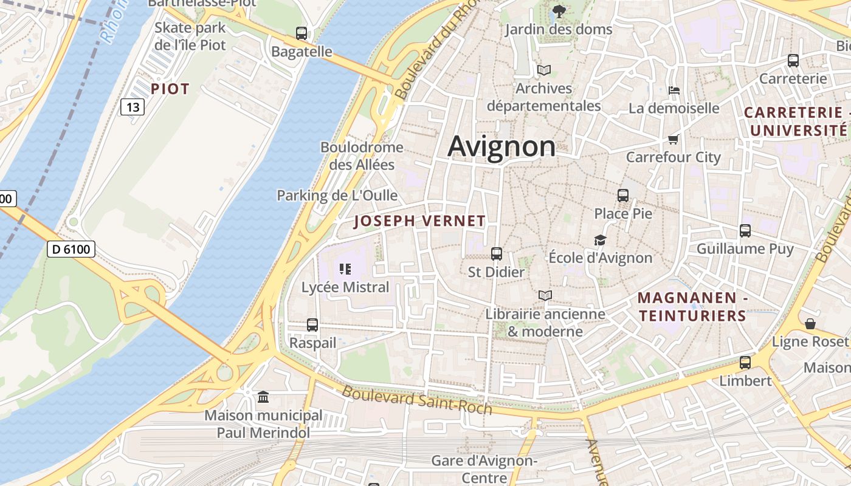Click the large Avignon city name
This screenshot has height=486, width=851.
click(x=501, y=146)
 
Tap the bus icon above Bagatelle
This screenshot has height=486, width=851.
click(x=301, y=33)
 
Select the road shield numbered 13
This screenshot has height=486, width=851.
click(x=132, y=108)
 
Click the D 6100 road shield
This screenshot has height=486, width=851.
click(x=71, y=248)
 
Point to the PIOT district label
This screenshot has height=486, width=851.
click(x=170, y=89)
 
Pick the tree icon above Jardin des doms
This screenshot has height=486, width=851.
click(x=558, y=11)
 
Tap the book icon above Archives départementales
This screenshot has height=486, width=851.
click(x=543, y=70)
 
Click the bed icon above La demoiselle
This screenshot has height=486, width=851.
click(x=674, y=91)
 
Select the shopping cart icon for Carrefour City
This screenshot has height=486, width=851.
click(x=673, y=140)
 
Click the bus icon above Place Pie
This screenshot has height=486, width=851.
click(x=623, y=196)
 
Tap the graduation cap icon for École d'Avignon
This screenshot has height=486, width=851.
click(x=600, y=240)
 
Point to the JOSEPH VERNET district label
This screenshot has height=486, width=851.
click(x=419, y=221)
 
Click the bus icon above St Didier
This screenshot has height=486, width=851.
click(x=496, y=254)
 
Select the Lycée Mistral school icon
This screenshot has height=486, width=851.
click(x=345, y=269)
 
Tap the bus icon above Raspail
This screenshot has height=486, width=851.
click(x=312, y=325)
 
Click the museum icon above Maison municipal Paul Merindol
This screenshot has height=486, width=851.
click(x=263, y=397)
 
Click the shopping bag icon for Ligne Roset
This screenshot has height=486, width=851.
click(x=810, y=324)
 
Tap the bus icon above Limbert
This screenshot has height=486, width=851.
click(x=745, y=363)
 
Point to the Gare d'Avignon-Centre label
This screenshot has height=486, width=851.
click(x=484, y=469)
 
